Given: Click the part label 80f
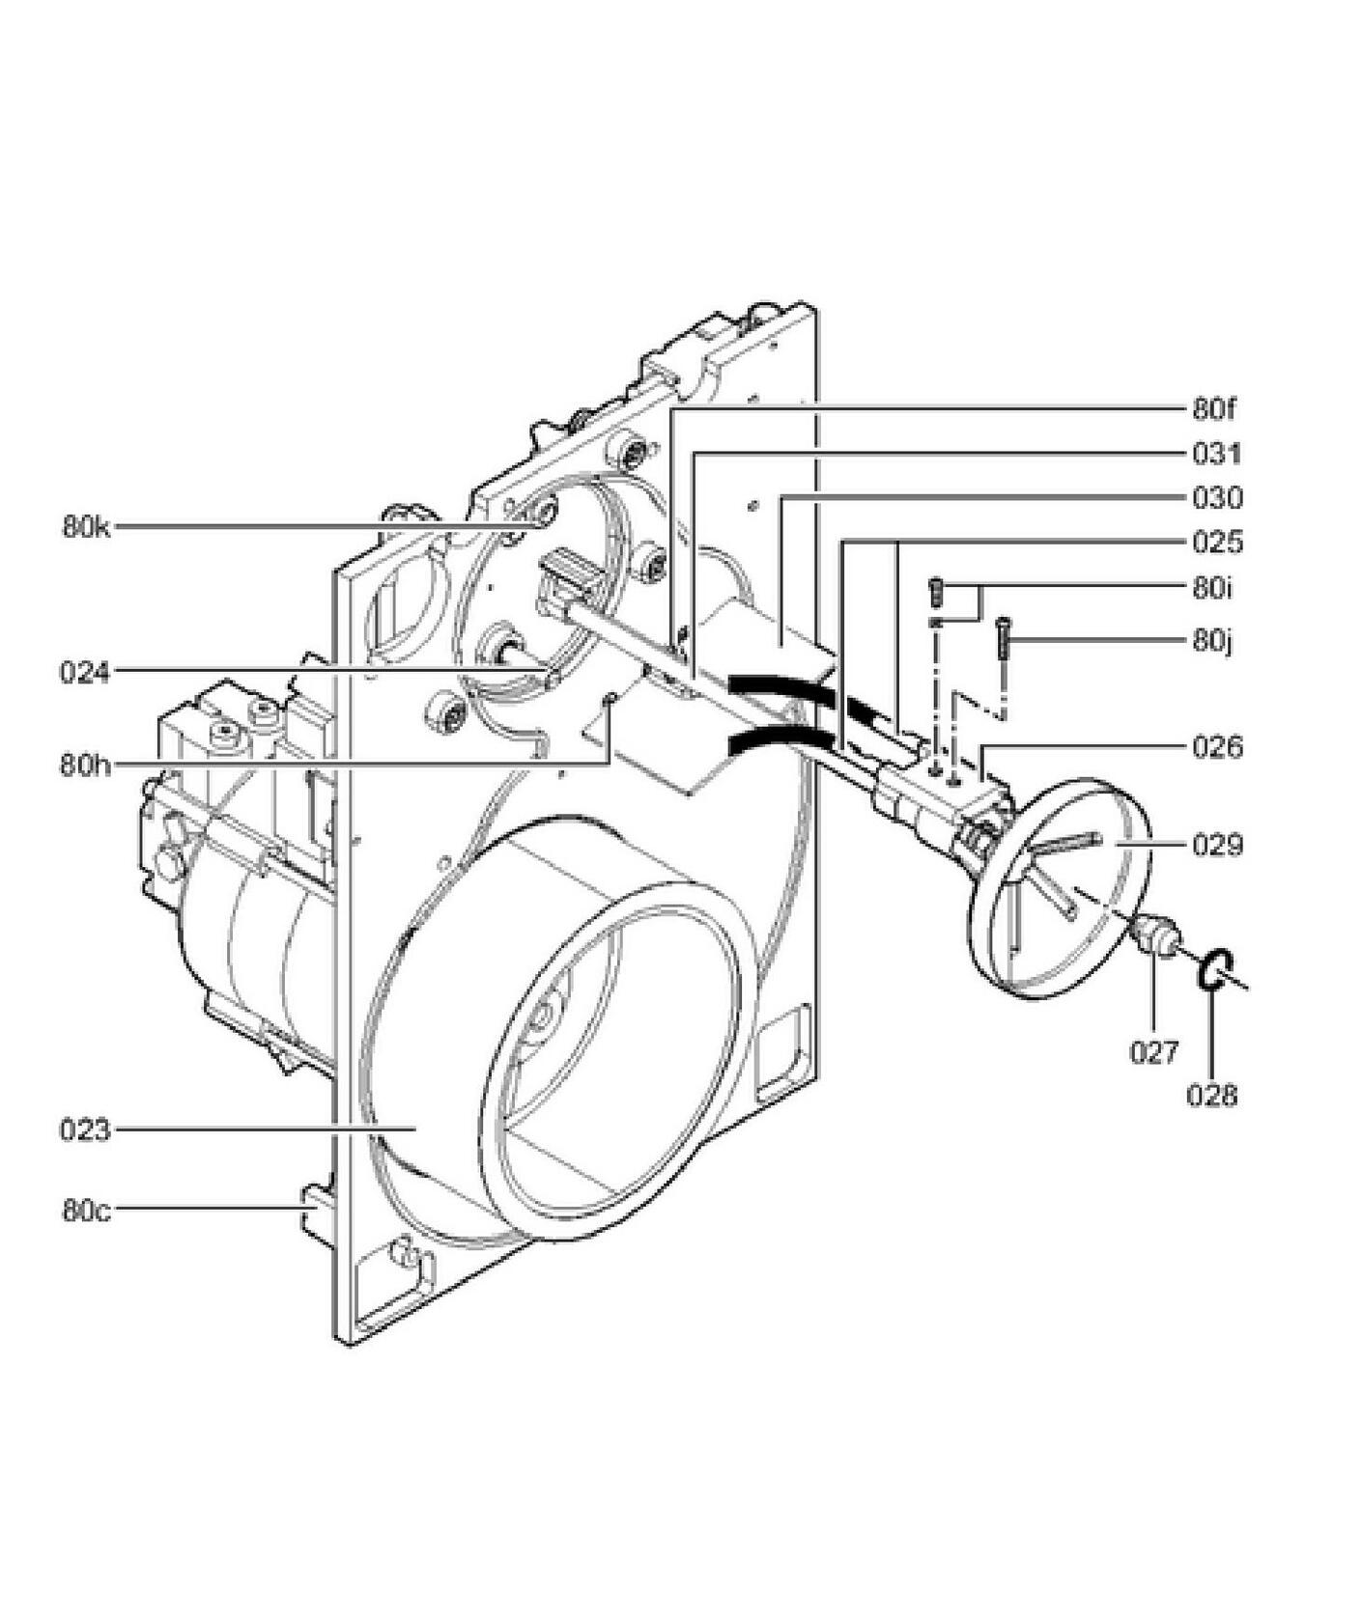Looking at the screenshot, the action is [1214, 409].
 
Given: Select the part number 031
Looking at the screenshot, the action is [1217, 454].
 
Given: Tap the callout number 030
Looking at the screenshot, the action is [1217, 498].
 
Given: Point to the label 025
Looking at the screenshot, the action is [1217, 542].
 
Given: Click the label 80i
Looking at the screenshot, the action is [1212, 587].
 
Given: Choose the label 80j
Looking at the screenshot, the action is [1212, 641].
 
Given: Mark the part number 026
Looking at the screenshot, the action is [1217, 747].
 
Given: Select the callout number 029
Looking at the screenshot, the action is [1217, 846].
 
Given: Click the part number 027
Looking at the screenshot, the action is [1155, 1051].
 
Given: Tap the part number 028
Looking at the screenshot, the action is [1212, 1095].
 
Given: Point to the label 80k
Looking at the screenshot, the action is [87, 527].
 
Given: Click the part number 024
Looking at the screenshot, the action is [85, 672].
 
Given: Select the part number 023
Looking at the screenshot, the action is [85, 1129].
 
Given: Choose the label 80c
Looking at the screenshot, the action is [87, 1210].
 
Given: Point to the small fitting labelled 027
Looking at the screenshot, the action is [1154, 934].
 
